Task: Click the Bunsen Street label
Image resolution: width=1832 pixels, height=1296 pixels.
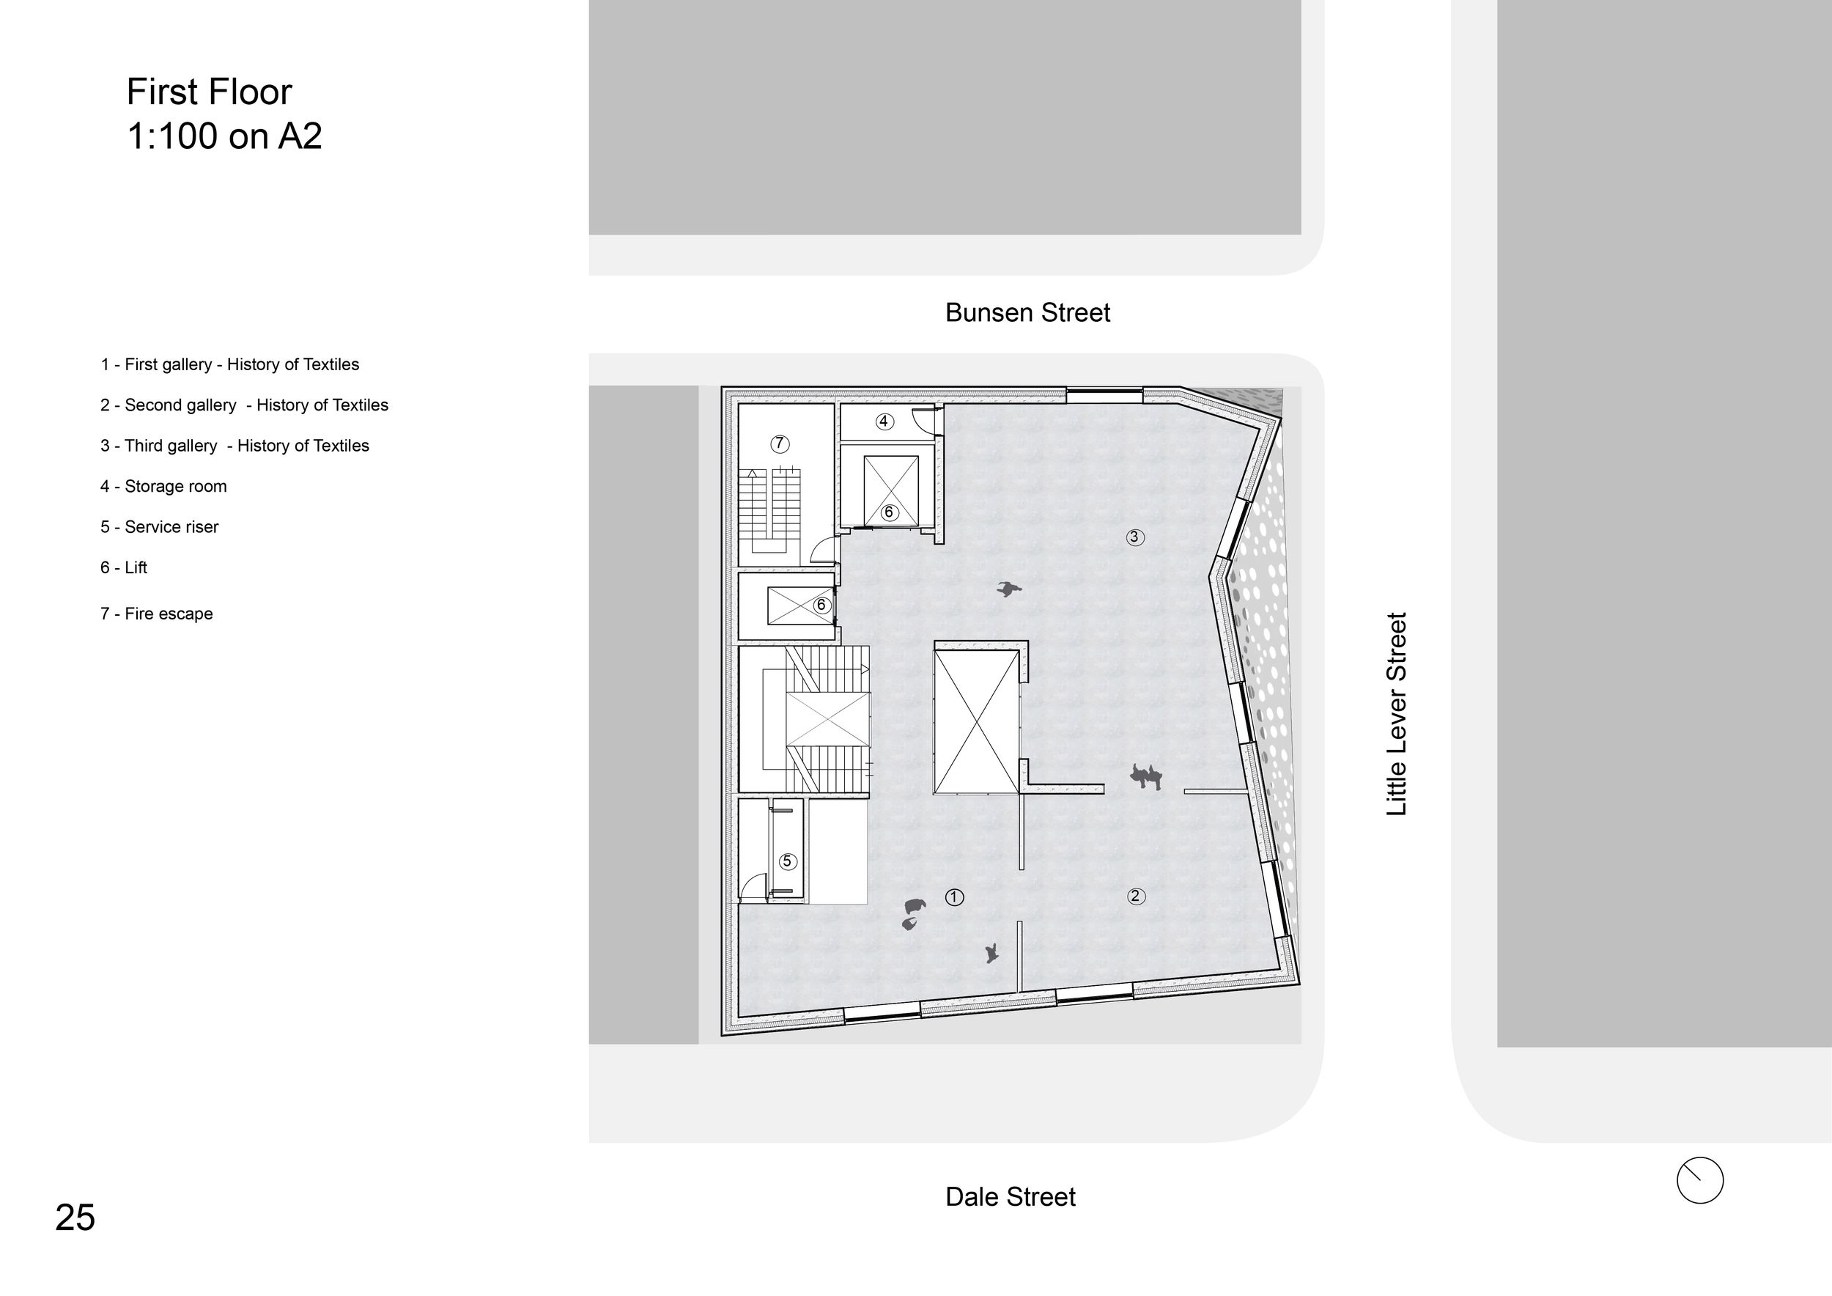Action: (x=1027, y=313)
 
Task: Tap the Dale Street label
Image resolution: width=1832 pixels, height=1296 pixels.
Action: (x=1010, y=1197)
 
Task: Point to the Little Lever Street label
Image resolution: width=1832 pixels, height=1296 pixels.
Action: (x=1396, y=714)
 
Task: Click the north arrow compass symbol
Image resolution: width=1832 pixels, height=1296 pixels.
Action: (x=1700, y=1180)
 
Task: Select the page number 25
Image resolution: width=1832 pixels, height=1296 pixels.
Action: (x=75, y=1218)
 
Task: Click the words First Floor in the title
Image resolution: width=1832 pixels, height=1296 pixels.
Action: (x=209, y=92)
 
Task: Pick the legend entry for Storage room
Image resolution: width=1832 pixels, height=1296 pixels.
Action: (x=163, y=486)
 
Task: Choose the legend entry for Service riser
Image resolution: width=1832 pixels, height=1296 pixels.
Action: (x=160, y=527)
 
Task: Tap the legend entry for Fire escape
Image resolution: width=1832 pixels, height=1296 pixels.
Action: (x=156, y=614)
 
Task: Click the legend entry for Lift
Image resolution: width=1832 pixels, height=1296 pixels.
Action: (x=124, y=567)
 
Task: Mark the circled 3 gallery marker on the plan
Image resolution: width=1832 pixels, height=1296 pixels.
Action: (x=1134, y=537)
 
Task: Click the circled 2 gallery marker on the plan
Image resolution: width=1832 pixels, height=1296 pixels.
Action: (x=1135, y=896)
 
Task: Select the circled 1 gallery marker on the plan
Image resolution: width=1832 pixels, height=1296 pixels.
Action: (x=954, y=897)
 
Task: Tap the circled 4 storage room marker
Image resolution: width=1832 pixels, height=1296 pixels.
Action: (x=884, y=421)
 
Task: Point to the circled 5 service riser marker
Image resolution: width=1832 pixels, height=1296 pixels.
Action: (x=788, y=861)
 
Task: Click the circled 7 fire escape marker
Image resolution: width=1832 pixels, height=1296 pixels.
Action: (x=780, y=443)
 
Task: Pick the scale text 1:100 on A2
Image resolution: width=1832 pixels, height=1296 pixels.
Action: (x=224, y=136)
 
